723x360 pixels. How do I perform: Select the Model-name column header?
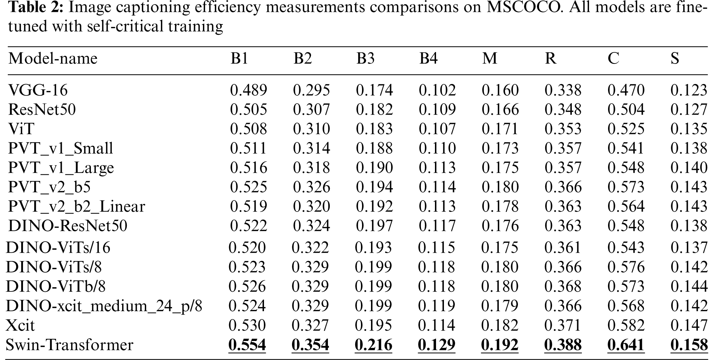click(x=53, y=58)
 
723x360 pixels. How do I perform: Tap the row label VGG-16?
click(x=38, y=90)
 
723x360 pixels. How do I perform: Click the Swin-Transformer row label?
click(x=69, y=345)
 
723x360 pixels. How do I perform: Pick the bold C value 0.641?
click(x=625, y=345)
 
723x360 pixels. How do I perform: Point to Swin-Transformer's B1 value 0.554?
click(x=247, y=345)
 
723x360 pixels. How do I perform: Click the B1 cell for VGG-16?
click(x=249, y=90)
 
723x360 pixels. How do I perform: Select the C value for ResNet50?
click(x=626, y=109)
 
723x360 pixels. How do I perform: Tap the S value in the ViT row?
click(x=689, y=129)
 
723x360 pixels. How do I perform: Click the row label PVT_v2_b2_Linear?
click(x=77, y=206)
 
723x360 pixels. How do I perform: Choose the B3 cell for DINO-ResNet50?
click(x=374, y=226)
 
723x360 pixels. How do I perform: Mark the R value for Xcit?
click(x=562, y=326)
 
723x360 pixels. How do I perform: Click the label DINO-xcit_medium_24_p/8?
click(x=104, y=306)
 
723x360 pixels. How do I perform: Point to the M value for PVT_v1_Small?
click(x=500, y=148)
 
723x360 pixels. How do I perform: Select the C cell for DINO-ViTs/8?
click(x=625, y=267)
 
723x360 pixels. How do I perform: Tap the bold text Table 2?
click(x=35, y=8)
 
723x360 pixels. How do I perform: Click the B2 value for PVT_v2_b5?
click(x=311, y=187)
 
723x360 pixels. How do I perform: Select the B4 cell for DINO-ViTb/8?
click(x=437, y=286)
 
